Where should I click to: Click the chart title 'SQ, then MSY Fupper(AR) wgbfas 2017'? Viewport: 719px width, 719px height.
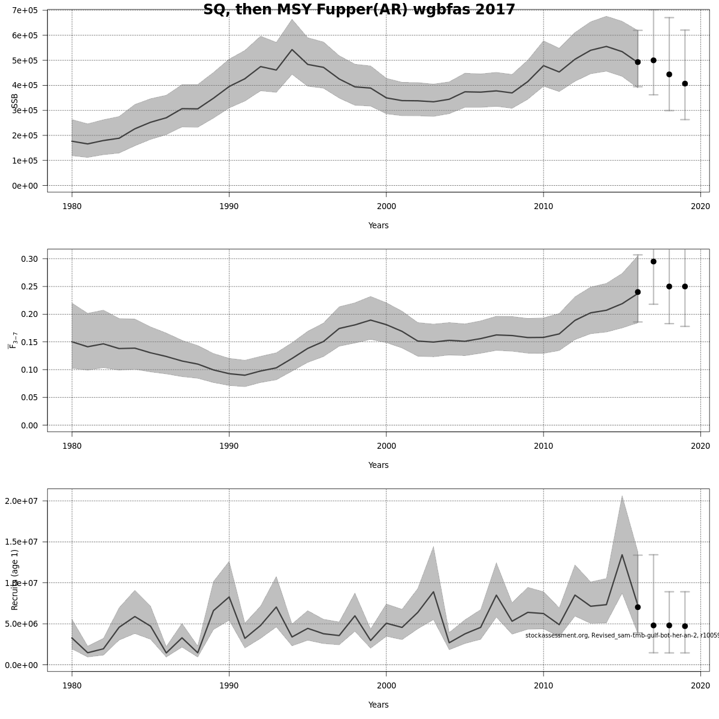point(359,10)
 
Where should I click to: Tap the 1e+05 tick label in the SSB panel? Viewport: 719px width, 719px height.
point(25,161)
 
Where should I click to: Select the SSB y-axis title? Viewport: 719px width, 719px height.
point(14,102)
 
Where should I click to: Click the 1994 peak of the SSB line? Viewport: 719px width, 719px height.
point(292,49)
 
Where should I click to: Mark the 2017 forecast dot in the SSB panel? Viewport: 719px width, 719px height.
point(653,60)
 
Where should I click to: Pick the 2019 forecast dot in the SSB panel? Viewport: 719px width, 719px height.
point(685,83)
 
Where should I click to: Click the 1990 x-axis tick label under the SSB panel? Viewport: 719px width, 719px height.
point(229,207)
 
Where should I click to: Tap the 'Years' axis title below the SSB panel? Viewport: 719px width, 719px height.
point(378,226)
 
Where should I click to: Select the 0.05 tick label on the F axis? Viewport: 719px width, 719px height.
point(30,397)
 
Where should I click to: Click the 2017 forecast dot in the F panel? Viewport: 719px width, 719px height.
point(653,261)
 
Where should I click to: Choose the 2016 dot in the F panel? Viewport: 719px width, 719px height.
point(638,292)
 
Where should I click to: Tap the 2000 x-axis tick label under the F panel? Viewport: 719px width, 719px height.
point(386,446)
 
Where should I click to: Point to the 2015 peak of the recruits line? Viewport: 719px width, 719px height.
point(622,554)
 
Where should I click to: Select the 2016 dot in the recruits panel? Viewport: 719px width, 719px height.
point(638,607)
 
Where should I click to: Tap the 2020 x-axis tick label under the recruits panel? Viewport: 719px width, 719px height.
point(700,686)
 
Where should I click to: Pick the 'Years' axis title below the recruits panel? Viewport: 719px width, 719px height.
point(378,705)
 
